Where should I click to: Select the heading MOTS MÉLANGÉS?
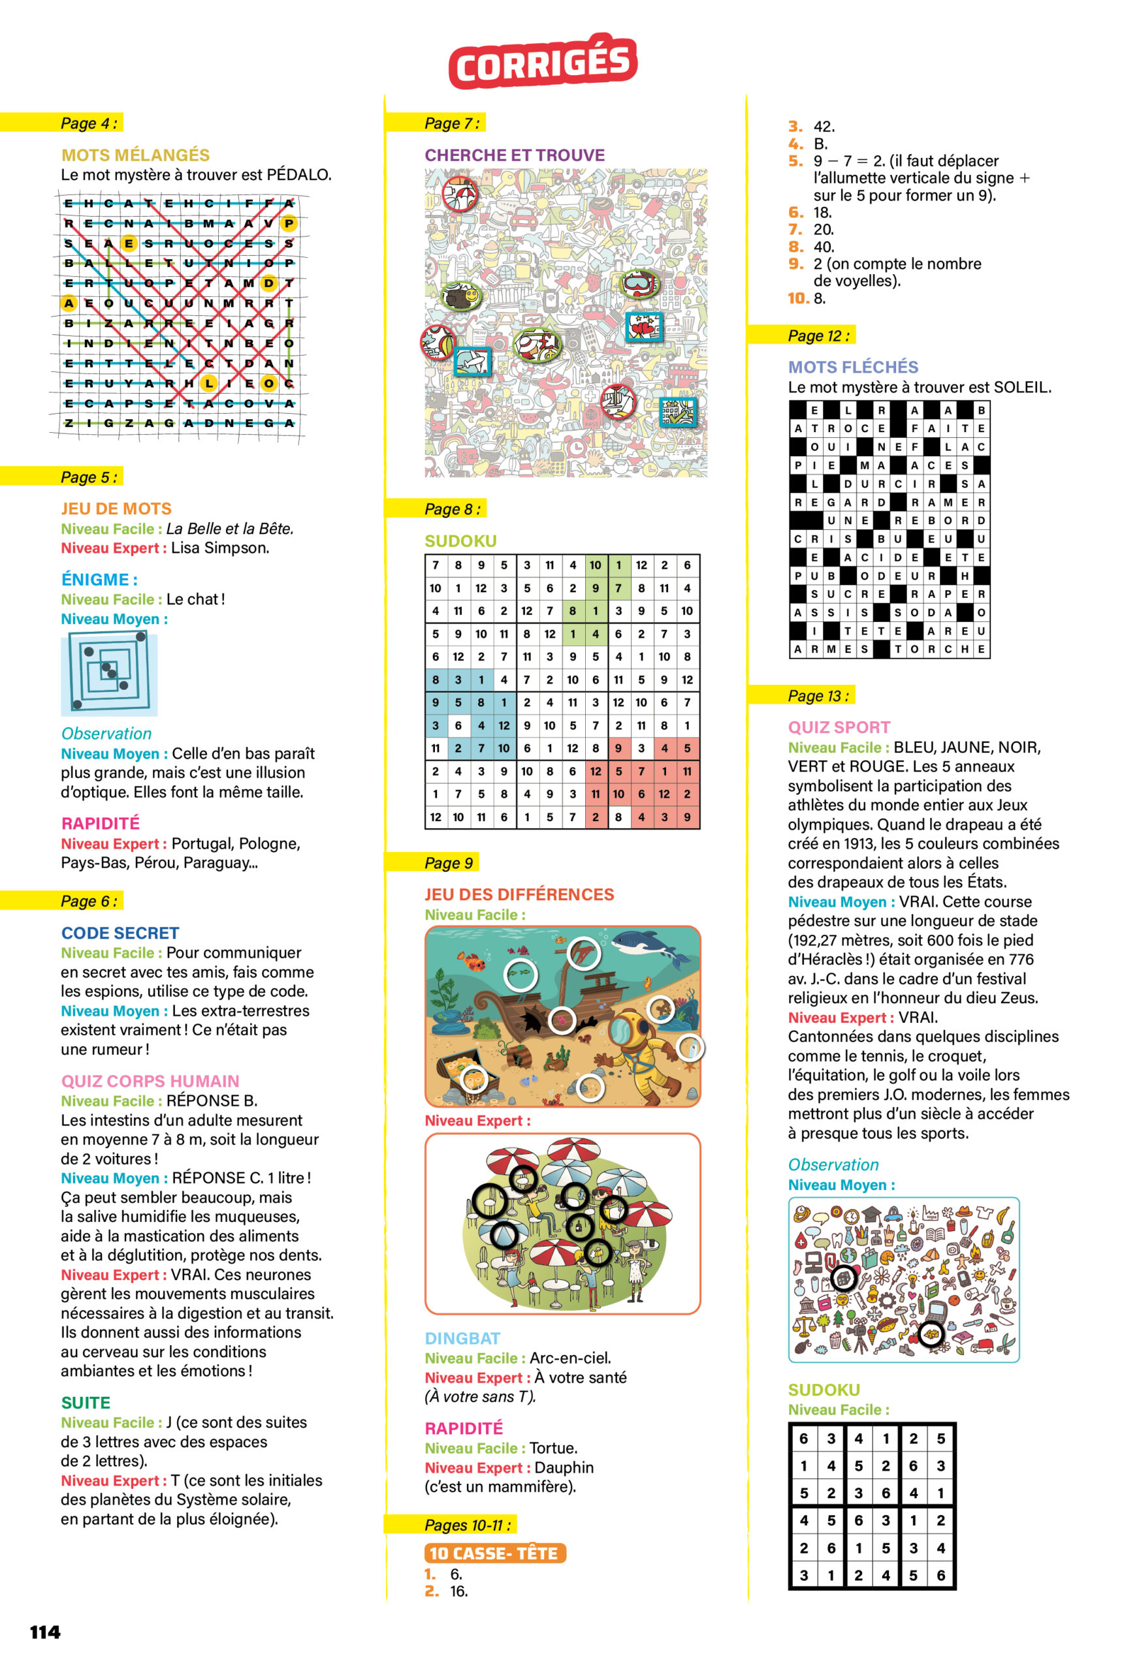click(135, 155)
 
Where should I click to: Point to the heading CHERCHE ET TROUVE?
click(514, 155)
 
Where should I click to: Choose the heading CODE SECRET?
click(120, 933)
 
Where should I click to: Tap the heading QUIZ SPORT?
click(839, 727)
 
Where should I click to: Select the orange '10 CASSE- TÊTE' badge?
click(494, 1553)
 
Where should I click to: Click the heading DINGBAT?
click(462, 1338)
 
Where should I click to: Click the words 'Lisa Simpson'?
click(220, 548)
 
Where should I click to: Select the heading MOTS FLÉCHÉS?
click(853, 367)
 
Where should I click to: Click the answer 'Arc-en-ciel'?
click(570, 1358)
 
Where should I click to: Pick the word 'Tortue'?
click(553, 1448)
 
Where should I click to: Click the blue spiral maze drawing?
click(108, 674)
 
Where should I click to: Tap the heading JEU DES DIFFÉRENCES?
click(519, 894)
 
